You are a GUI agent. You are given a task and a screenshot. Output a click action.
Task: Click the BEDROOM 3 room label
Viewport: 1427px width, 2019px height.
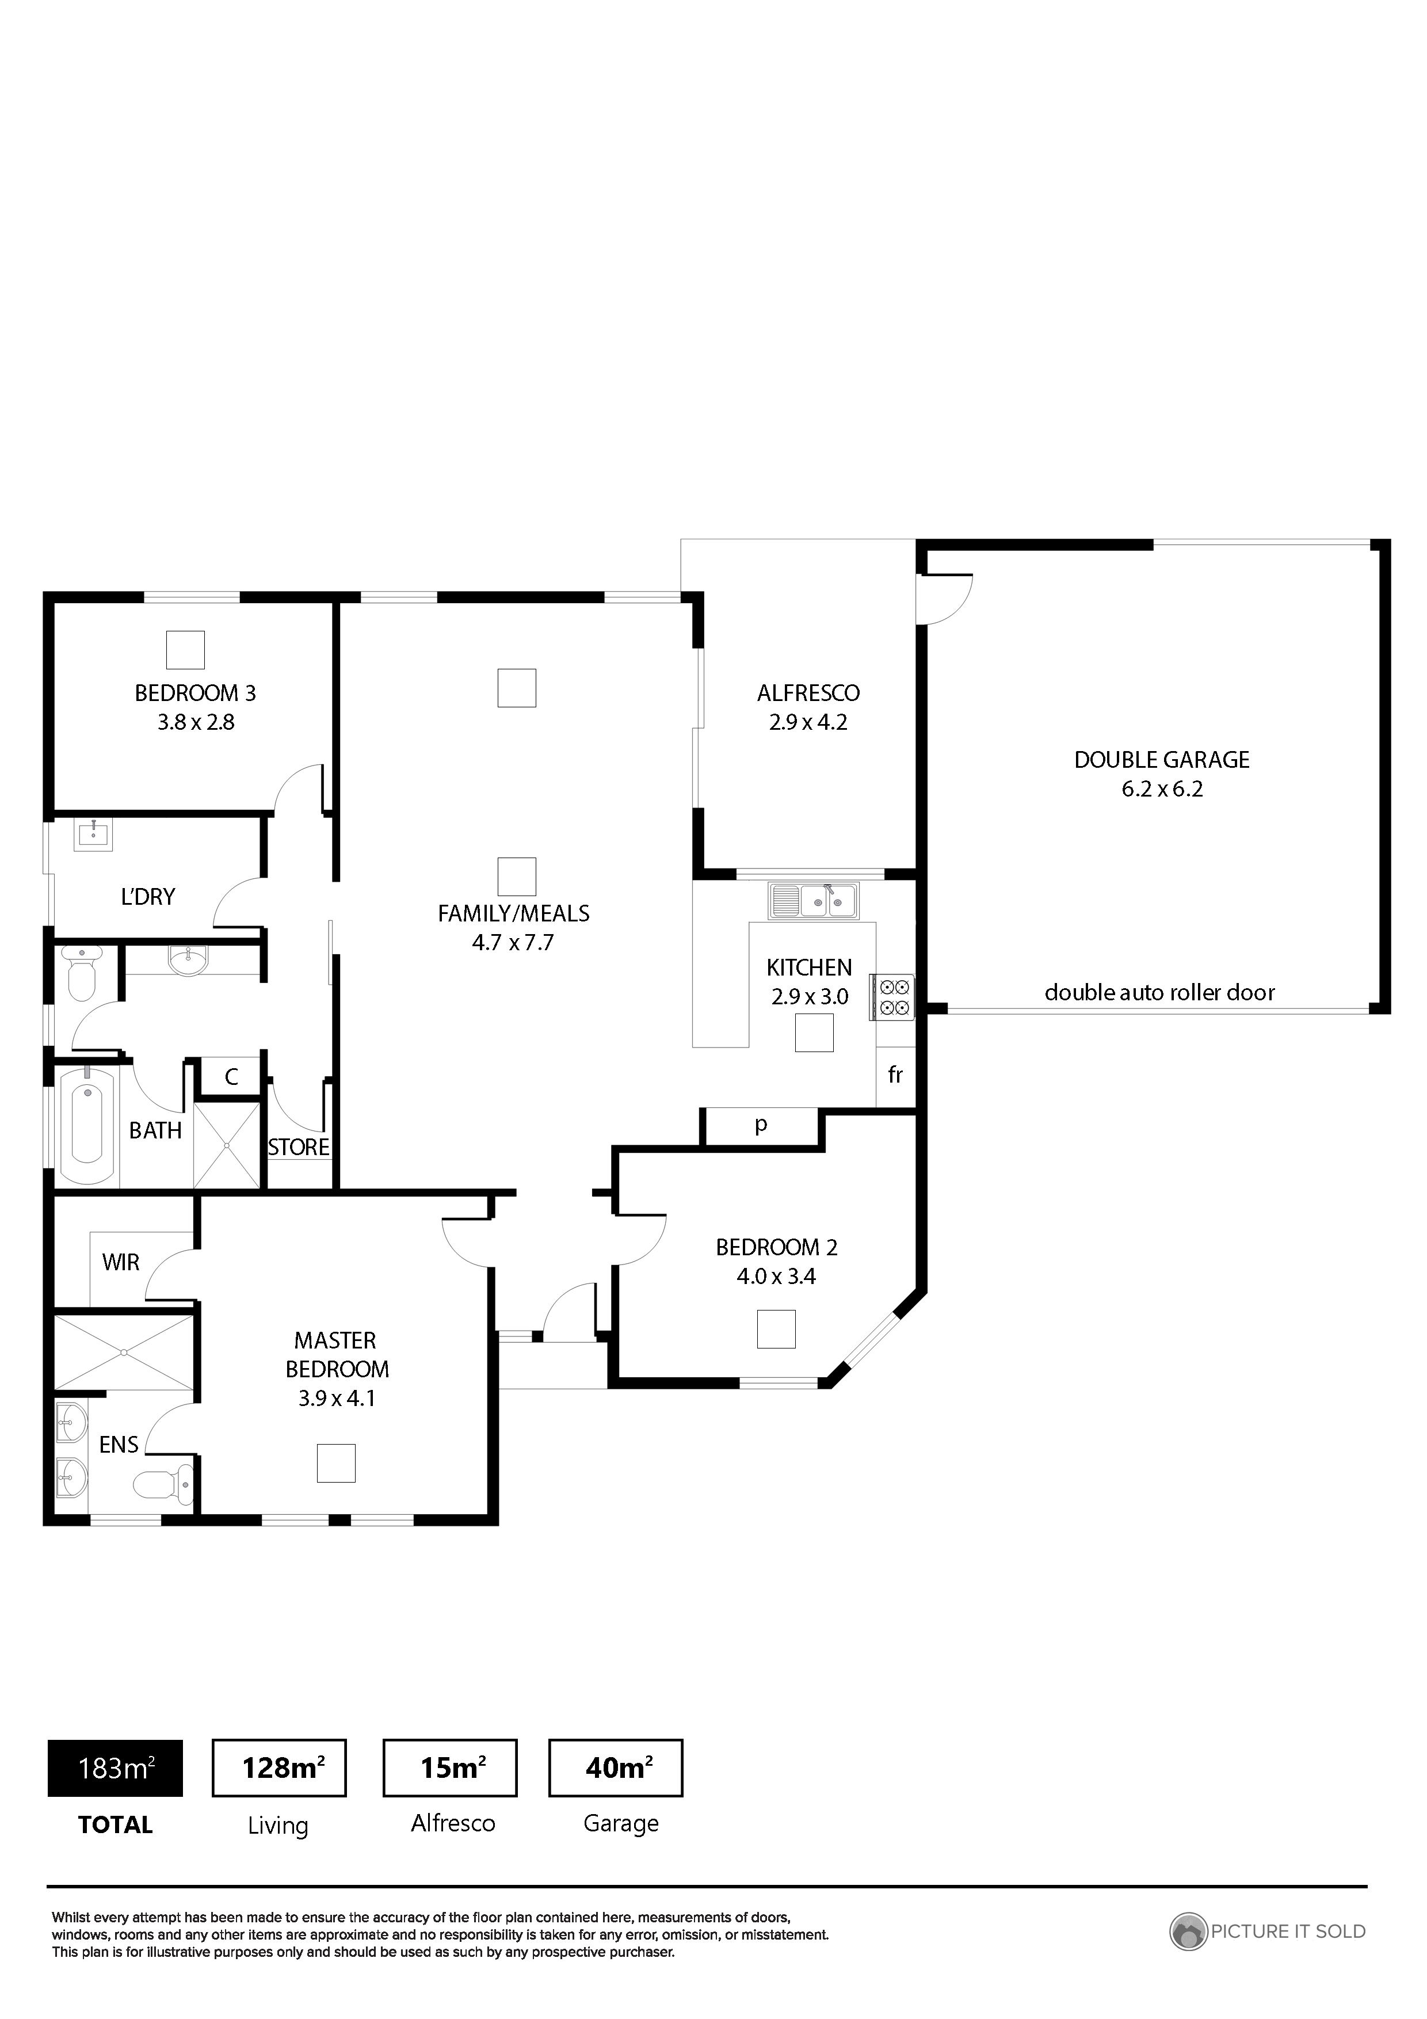click(195, 693)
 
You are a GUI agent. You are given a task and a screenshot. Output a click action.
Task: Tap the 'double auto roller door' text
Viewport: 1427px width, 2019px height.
click(1159, 993)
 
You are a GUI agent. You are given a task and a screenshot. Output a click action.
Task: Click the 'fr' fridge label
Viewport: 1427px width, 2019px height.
click(895, 1075)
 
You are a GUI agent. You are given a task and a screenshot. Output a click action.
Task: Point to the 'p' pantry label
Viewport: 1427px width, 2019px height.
click(761, 1124)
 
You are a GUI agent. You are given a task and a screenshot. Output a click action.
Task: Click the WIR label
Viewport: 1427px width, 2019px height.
click(120, 1263)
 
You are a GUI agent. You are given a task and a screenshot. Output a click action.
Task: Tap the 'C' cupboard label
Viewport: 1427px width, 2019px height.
click(231, 1077)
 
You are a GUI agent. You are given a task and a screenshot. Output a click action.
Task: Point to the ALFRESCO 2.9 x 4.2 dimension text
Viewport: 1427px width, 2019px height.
click(808, 722)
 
